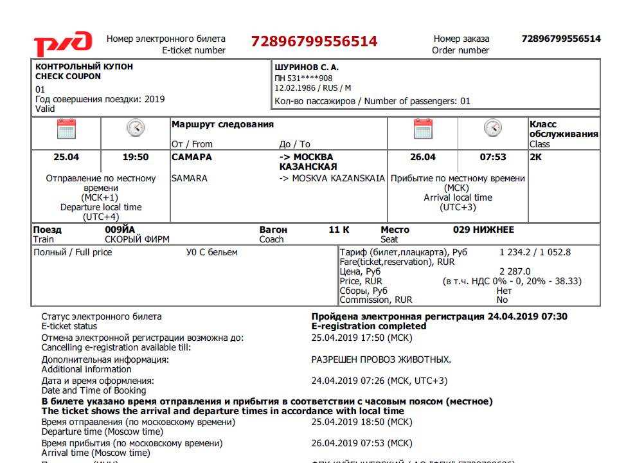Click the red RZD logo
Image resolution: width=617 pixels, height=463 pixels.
62,44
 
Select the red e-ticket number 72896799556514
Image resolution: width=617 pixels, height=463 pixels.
314,42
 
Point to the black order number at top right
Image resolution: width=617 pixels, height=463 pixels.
561,39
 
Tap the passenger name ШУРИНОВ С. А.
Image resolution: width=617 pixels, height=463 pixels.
307,67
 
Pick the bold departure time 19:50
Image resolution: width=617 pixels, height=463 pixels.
135,157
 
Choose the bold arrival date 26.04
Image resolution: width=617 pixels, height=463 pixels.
423,157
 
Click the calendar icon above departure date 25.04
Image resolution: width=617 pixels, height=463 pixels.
66,129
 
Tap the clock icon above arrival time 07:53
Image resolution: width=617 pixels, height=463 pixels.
492,128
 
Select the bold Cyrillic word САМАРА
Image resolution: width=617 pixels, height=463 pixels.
192,157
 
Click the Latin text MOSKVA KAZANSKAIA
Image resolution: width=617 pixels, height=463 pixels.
338,178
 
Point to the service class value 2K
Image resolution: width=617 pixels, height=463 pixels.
536,157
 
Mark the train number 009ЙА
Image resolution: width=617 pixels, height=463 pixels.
120,230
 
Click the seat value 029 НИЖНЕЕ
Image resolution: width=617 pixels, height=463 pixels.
483,230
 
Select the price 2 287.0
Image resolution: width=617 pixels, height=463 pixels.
515,271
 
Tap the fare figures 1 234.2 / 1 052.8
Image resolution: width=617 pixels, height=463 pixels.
535,252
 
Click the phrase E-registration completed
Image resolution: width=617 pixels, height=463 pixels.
369,326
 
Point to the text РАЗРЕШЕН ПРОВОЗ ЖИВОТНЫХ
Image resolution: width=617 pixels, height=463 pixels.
381,359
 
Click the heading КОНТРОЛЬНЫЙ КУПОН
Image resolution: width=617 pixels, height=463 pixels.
84,67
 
